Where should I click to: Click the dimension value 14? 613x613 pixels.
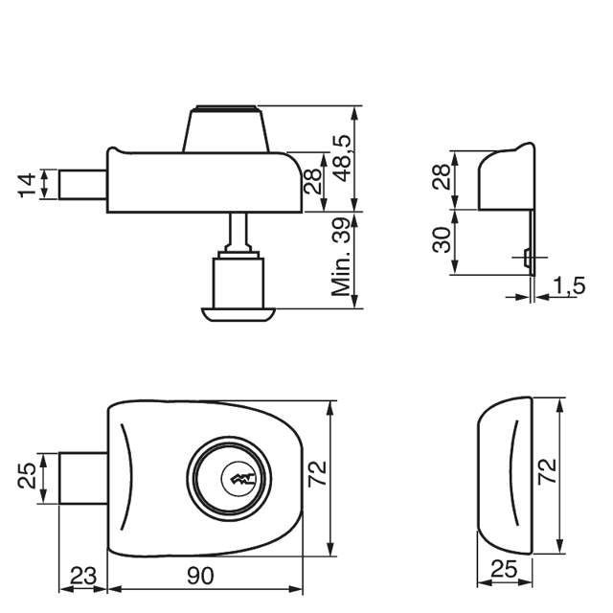pos(26,185)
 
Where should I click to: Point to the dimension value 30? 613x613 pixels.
pos(441,239)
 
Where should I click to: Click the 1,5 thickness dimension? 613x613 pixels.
pos(570,286)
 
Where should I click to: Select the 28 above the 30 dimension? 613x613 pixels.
pos(441,177)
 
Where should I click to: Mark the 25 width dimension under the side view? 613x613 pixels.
pos(504,570)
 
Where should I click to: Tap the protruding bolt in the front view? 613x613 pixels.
pos(84,476)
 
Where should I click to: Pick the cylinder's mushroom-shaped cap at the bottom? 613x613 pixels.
pos(237,312)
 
